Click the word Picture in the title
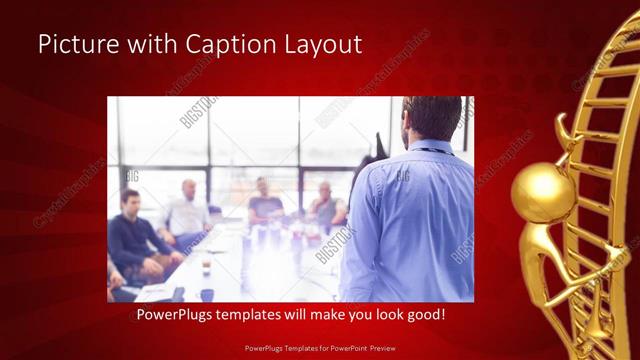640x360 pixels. [x=75, y=45]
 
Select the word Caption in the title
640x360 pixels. [x=220, y=45]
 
